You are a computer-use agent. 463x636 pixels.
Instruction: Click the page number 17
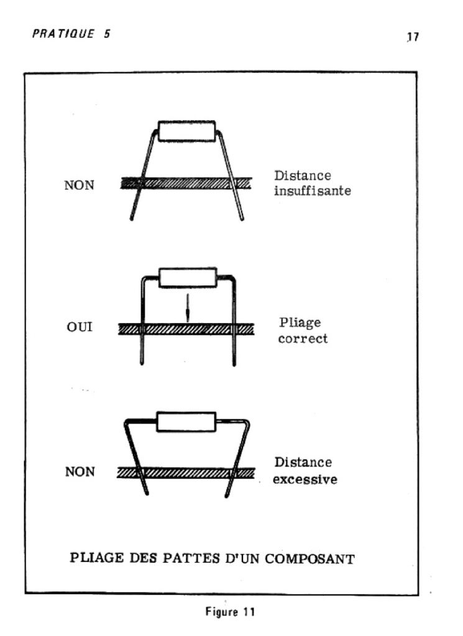pos(413,37)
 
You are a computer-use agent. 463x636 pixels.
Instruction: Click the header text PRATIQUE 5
pos(71,34)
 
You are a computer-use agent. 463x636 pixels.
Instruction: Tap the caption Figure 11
pos(230,612)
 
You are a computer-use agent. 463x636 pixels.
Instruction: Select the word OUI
pos(80,327)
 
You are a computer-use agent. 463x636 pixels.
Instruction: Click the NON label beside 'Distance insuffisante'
pos(79,185)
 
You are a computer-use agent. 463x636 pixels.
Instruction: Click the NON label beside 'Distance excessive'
pos(80,472)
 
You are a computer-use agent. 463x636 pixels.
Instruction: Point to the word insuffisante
pos(313,191)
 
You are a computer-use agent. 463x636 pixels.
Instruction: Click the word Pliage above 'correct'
pos(300,323)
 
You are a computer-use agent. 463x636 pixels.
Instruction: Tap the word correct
pos(303,338)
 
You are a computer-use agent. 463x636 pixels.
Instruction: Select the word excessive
pos(305,479)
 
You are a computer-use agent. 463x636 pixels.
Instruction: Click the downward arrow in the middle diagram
pos(188,308)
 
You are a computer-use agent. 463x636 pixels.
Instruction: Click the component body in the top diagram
pos(186,131)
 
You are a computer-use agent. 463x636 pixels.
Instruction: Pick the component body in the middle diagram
pos(188,278)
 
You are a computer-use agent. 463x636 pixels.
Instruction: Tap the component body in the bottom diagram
pos(186,422)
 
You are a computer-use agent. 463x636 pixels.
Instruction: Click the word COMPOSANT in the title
pos(310,559)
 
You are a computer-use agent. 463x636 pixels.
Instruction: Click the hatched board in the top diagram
pos(186,183)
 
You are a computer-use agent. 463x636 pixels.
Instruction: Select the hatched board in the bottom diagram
pos(186,473)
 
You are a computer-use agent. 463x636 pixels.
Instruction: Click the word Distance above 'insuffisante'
pos(303,176)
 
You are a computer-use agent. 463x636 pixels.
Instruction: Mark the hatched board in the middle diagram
pos(186,329)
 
